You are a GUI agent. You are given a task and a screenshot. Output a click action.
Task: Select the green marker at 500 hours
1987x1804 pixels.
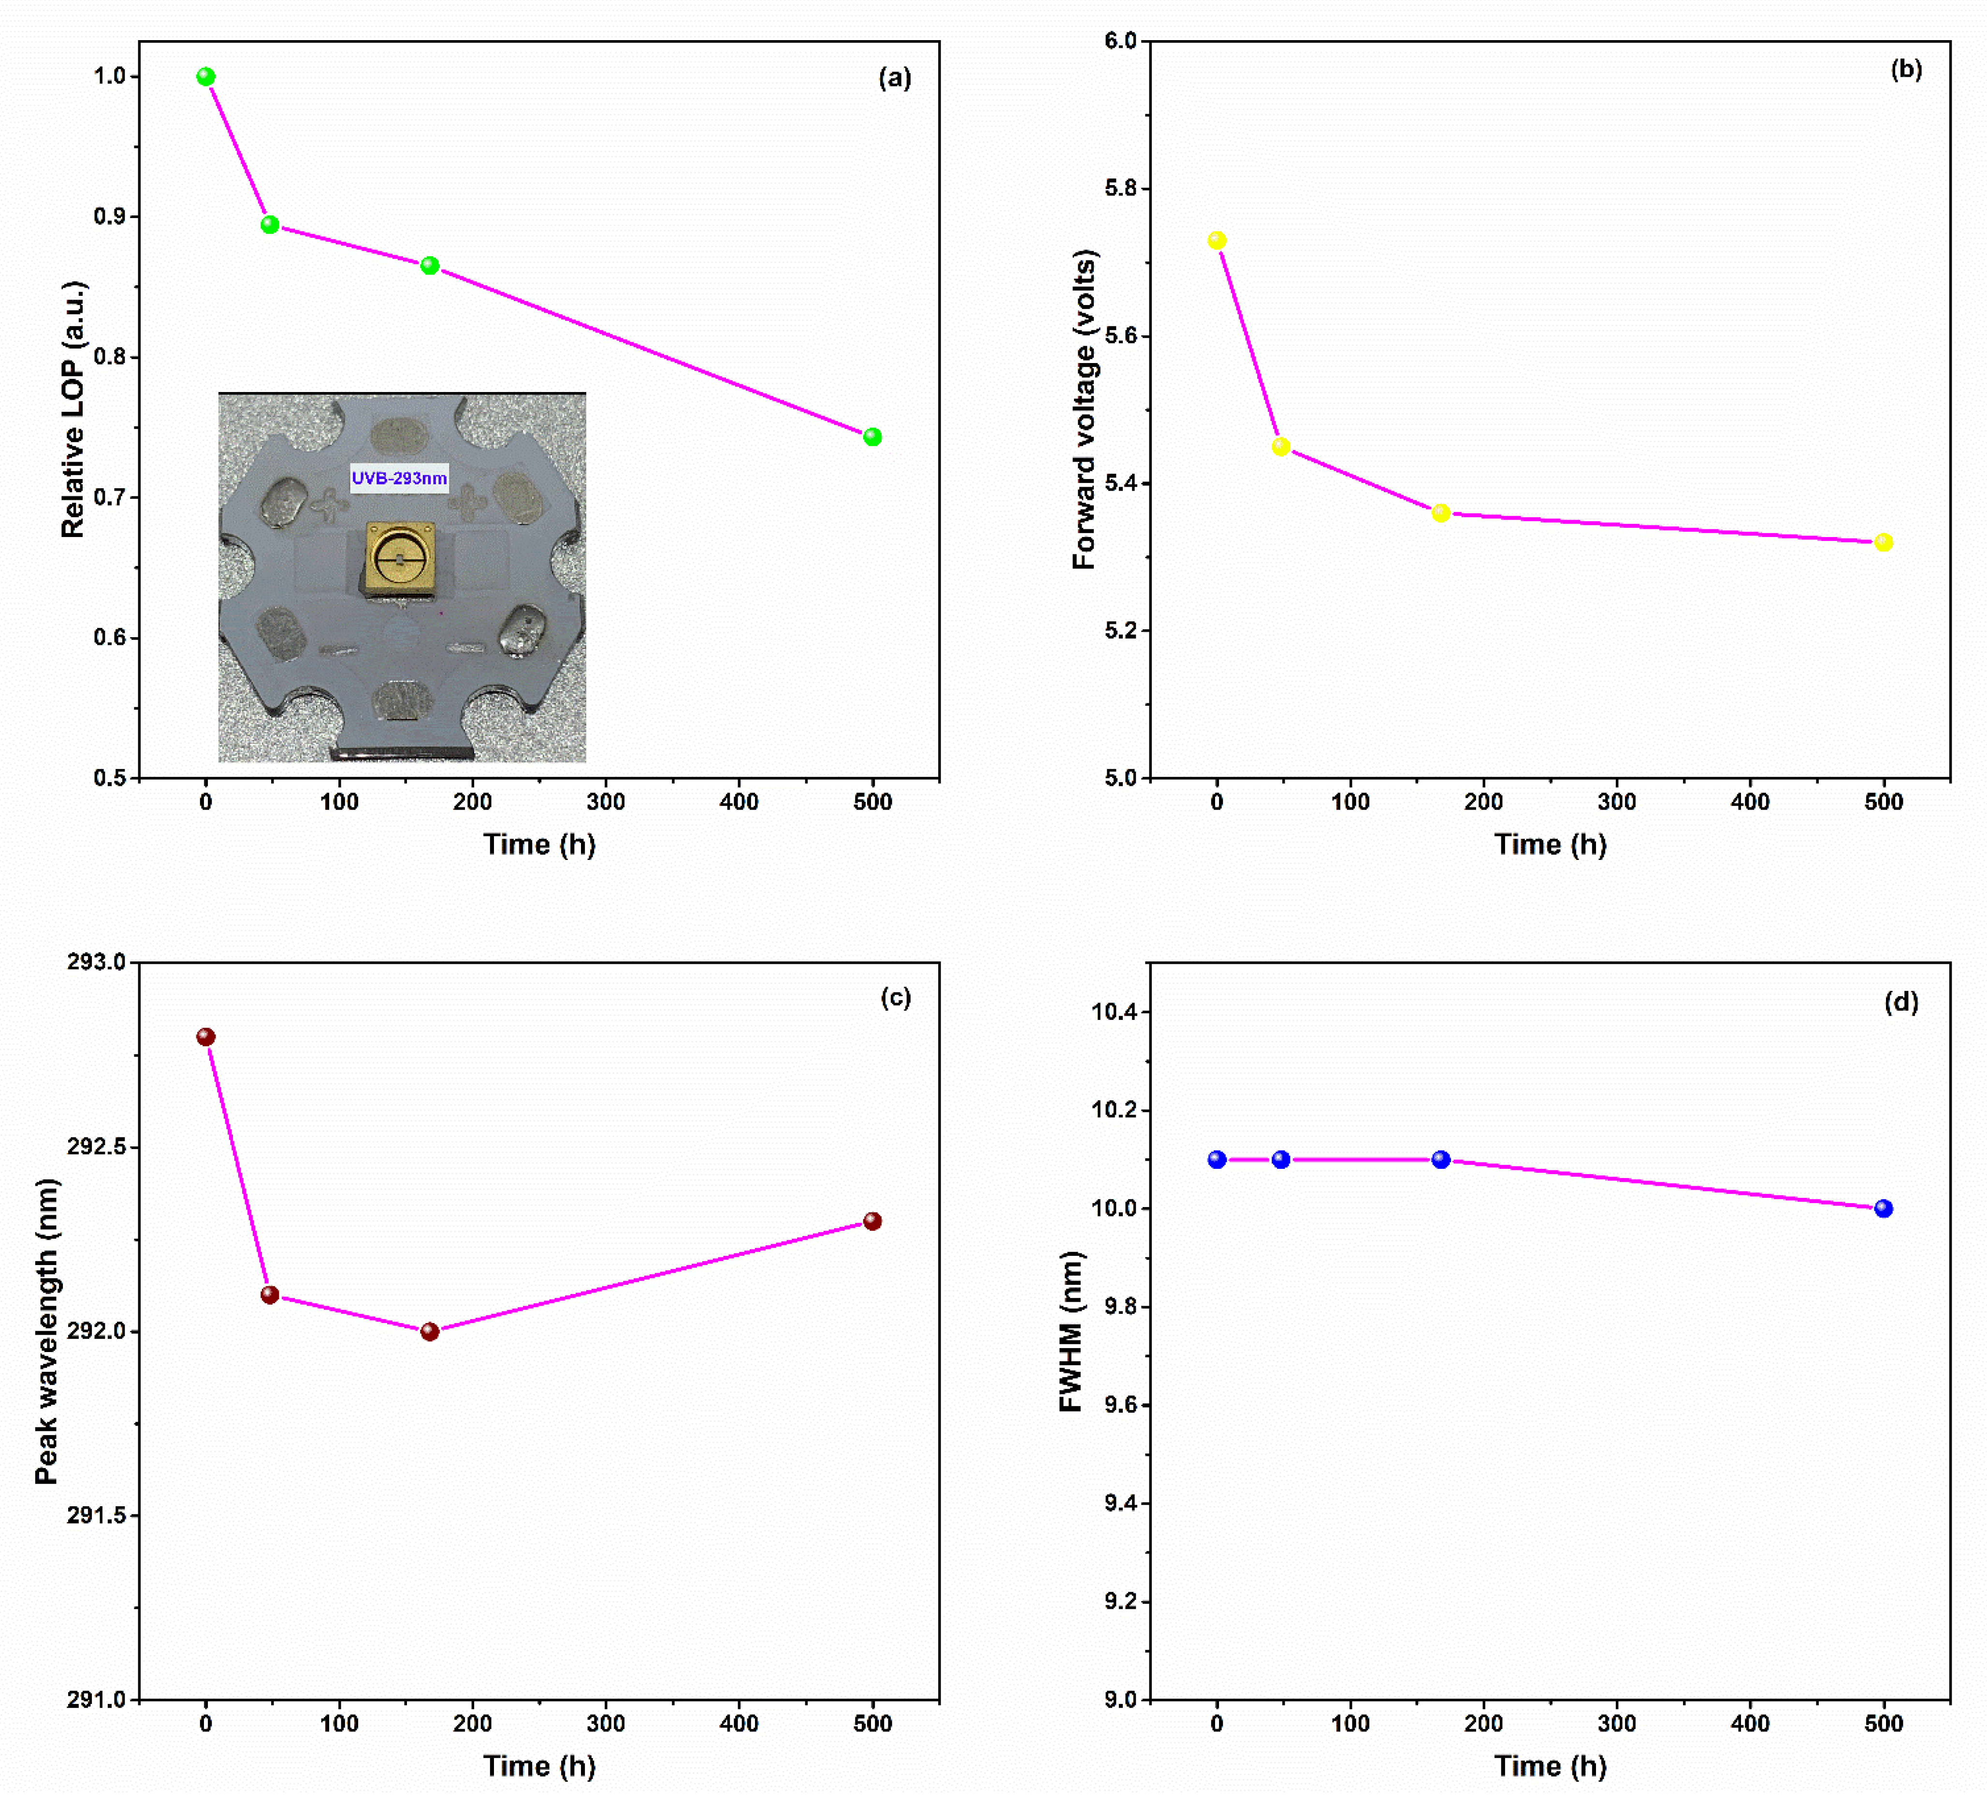pyautogui.click(x=872, y=436)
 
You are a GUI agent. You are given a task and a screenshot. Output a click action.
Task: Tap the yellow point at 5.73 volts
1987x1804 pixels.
pyautogui.click(x=1217, y=241)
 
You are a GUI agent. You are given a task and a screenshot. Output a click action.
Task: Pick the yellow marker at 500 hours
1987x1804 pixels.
pyautogui.click(x=1884, y=542)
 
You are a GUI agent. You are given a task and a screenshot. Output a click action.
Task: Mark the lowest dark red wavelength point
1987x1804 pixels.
pyautogui.click(x=430, y=1332)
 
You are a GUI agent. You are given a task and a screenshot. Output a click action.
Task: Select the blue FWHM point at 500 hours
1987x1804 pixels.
pyautogui.click(x=1884, y=1208)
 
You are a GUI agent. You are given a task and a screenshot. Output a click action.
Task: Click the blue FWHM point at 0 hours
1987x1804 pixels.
pyautogui.click(x=1217, y=1159)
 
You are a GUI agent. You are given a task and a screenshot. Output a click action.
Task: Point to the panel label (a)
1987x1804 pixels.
pyautogui.click(x=895, y=78)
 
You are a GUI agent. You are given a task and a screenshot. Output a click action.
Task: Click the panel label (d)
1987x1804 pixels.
pyautogui.click(x=1901, y=1003)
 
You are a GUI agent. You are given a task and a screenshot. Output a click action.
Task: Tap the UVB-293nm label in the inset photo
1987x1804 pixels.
pyautogui.click(x=399, y=478)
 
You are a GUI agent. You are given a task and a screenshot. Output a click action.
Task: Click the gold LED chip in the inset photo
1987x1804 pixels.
pyautogui.click(x=400, y=559)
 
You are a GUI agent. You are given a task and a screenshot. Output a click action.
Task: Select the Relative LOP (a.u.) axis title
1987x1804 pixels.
pyautogui.click(x=73, y=409)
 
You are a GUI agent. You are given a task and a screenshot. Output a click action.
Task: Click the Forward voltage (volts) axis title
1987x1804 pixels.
pyautogui.click(x=1084, y=409)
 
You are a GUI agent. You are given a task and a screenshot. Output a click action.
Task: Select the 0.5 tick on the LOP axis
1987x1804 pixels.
pyautogui.click(x=110, y=778)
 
